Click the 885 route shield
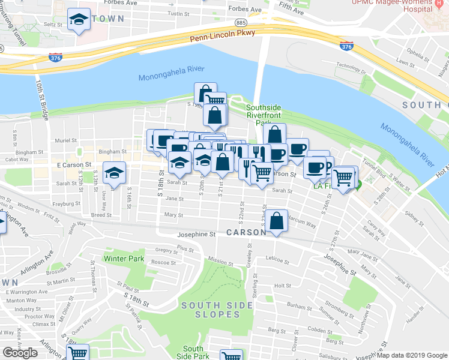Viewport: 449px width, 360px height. point(241,22)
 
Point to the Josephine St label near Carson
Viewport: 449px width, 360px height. point(196,235)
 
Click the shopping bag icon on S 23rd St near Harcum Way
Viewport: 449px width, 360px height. point(276,221)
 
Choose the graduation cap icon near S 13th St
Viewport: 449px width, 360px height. point(113,173)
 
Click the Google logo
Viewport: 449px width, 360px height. point(20,353)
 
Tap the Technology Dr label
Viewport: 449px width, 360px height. point(351,65)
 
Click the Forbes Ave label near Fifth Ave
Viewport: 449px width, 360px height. point(248,10)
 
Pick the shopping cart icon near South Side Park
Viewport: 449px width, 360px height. point(231,356)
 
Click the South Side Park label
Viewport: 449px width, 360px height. point(193,352)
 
